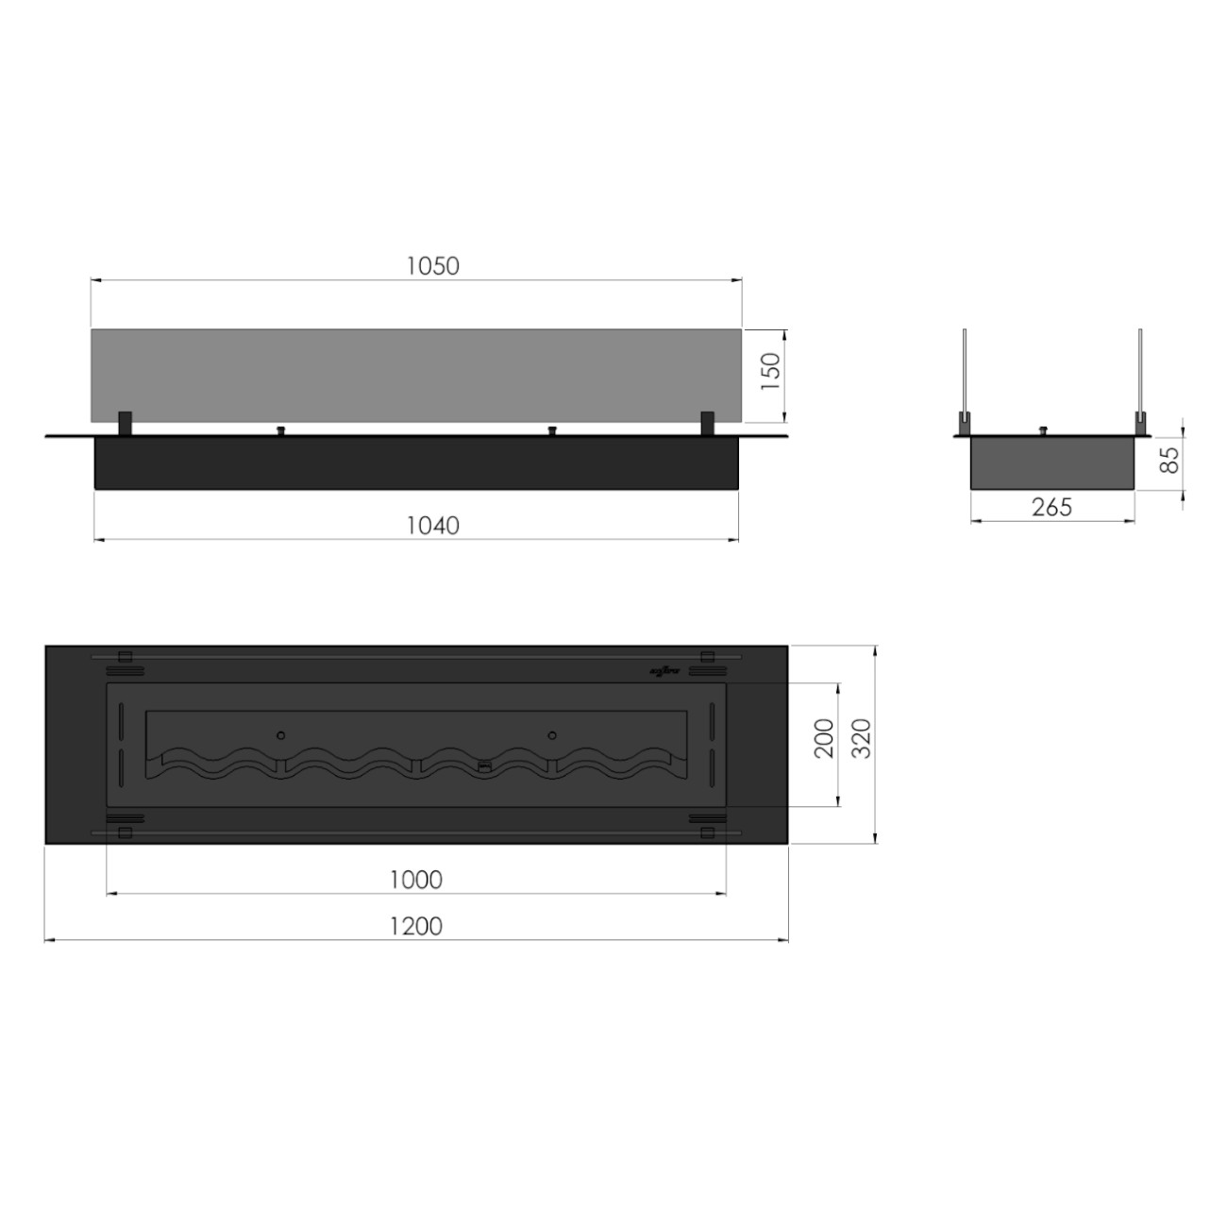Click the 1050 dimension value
tap(433, 266)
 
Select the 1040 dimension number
tap(433, 526)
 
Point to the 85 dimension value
tap(1169, 460)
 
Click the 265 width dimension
tap(1051, 507)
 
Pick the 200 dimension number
tap(824, 738)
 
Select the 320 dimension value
tap(862, 738)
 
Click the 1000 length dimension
tap(416, 880)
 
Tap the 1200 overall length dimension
tap(416, 927)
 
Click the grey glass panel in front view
tap(415, 375)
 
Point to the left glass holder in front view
tap(125, 423)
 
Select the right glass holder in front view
tap(707, 423)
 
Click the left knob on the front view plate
tap(279, 431)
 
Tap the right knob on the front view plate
tap(551, 431)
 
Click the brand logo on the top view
tap(664, 671)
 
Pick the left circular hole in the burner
tap(280, 734)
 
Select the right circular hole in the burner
tap(552, 734)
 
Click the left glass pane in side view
tap(965, 373)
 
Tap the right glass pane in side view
tap(1140, 373)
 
